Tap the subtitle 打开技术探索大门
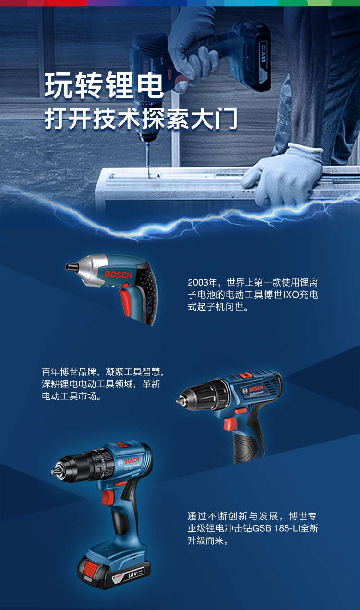[x=141, y=119]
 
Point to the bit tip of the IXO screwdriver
[x=69, y=265]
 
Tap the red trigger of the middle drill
[x=230, y=423]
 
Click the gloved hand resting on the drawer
[x=283, y=173]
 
